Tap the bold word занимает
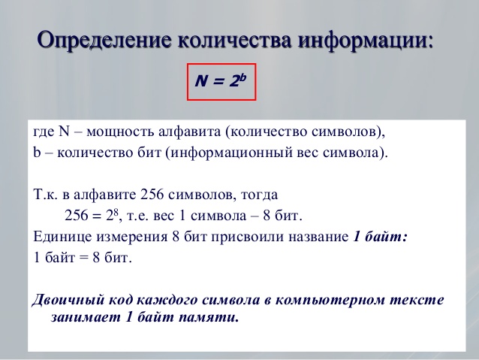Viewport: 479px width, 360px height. coord(82,316)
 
